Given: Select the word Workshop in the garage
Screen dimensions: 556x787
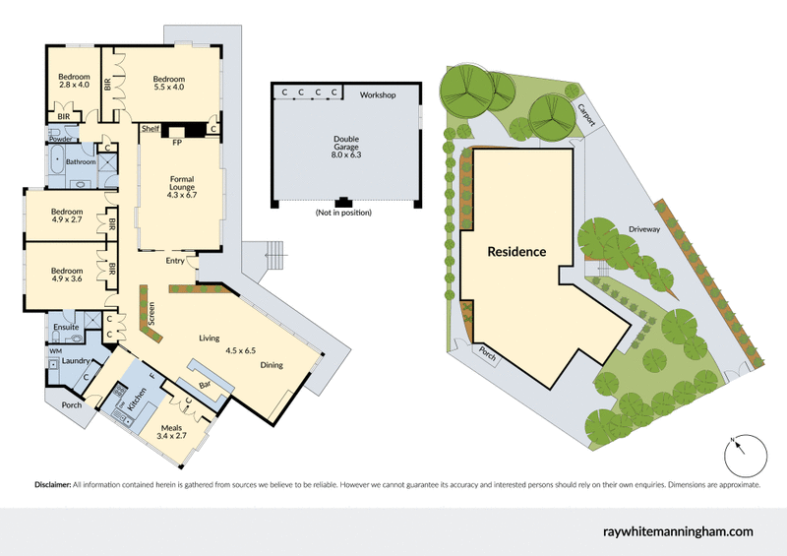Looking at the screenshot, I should tap(377, 94).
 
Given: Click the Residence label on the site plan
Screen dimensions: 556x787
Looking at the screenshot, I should tap(517, 251).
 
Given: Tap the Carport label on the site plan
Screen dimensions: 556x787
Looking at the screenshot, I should tap(587, 115).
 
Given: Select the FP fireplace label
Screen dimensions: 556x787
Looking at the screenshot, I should tap(177, 143).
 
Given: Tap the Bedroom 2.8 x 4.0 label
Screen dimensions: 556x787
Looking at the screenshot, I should tap(74, 81).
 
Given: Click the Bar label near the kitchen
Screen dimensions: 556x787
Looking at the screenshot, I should tap(206, 384).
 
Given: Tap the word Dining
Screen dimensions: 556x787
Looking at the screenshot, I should tap(272, 365).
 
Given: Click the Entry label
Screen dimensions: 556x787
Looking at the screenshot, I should tap(176, 261).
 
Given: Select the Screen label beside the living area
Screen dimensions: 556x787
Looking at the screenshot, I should tap(151, 313).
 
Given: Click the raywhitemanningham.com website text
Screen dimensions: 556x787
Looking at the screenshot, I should tap(677, 531).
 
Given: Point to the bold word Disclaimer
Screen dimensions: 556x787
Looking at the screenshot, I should tap(53, 485).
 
